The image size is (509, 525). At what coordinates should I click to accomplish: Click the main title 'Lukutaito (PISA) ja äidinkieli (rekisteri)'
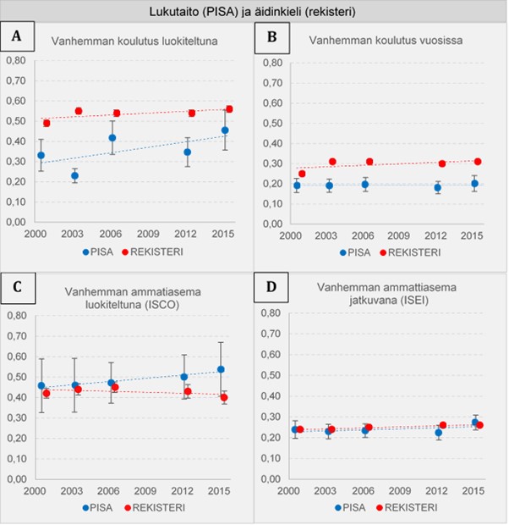click(x=252, y=12)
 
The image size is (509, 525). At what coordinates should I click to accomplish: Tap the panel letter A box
click(x=17, y=36)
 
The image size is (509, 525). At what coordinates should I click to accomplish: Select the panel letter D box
click(x=271, y=287)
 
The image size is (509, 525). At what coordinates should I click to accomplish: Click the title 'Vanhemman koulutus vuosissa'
click(x=386, y=41)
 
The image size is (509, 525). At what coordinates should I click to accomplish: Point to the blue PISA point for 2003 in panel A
click(x=75, y=175)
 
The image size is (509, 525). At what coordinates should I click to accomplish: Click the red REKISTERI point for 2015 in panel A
click(x=229, y=109)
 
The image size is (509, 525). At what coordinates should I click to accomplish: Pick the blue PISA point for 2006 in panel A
click(x=112, y=138)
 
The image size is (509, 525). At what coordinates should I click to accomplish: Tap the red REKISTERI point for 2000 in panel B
click(x=302, y=174)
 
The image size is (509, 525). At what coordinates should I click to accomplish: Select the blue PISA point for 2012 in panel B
click(x=438, y=187)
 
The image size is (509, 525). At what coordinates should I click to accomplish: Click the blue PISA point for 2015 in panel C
click(x=221, y=369)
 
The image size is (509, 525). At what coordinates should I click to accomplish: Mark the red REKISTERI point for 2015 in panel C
click(x=224, y=397)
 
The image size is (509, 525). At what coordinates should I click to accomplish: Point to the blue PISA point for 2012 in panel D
click(x=439, y=433)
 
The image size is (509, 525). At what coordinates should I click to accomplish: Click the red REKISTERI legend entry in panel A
click(x=153, y=251)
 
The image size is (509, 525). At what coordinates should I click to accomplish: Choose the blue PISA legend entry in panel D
click(x=351, y=507)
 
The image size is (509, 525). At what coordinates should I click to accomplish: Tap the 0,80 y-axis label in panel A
click(x=16, y=61)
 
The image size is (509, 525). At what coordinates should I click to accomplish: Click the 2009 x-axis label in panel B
click(x=398, y=235)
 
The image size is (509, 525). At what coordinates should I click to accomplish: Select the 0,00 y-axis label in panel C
click(x=17, y=479)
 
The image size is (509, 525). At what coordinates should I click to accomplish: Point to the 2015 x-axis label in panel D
click(x=473, y=491)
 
